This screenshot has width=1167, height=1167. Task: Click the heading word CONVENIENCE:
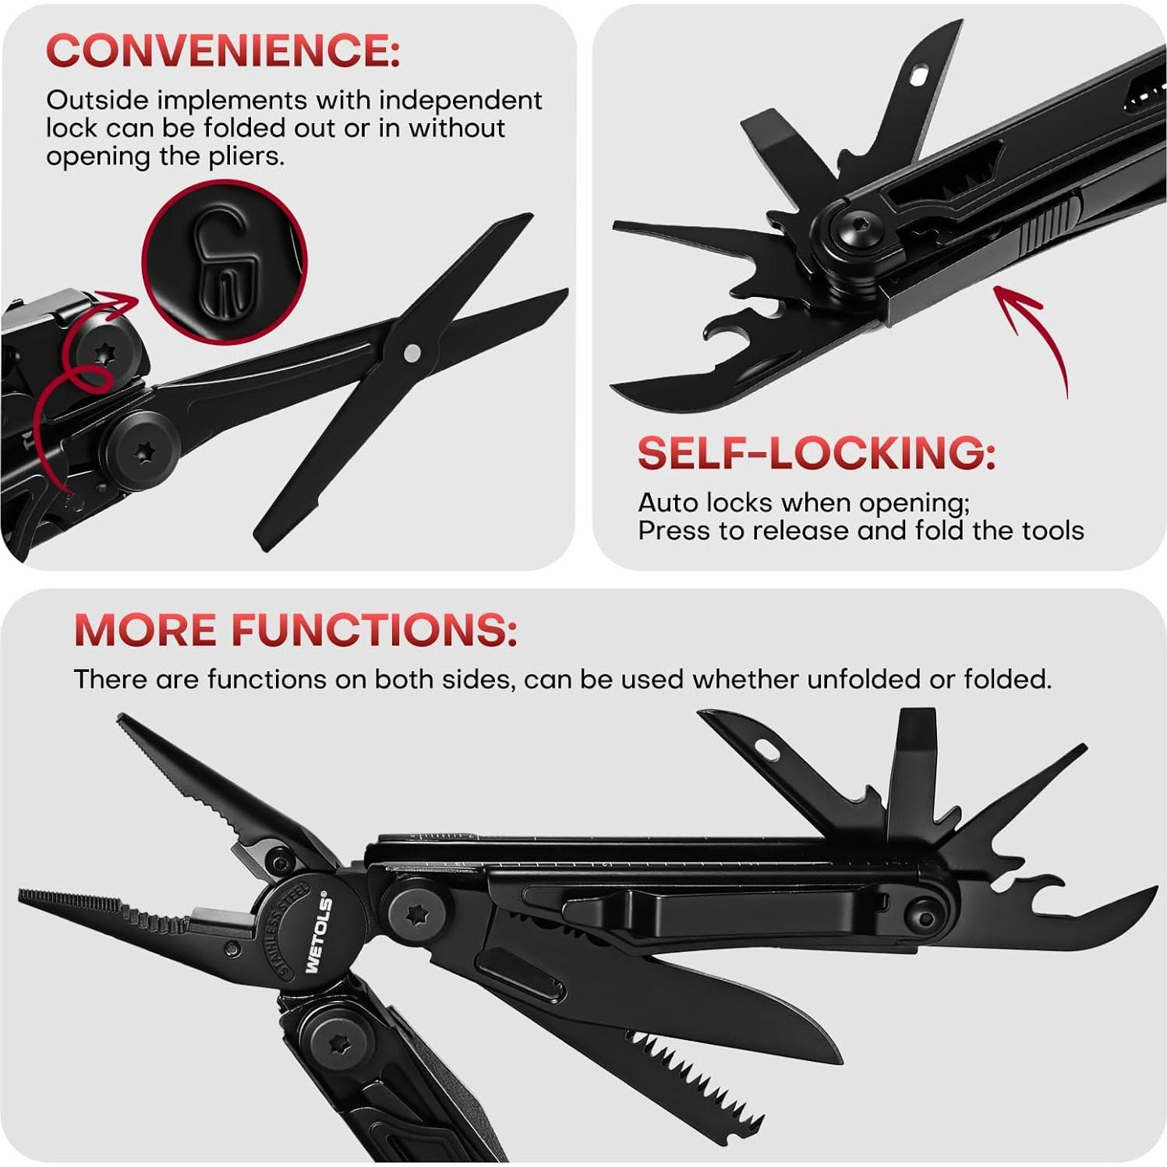[x=223, y=51]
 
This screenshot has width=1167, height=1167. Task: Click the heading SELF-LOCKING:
[x=816, y=453]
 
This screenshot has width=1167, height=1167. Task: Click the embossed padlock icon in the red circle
[x=225, y=262]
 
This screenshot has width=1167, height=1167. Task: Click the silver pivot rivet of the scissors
[x=413, y=353]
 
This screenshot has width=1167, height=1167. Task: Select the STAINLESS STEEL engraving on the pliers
[x=290, y=928]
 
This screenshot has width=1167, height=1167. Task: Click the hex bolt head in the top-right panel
[x=854, y=230]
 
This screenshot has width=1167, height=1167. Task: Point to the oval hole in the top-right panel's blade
[x=920, y=76]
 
